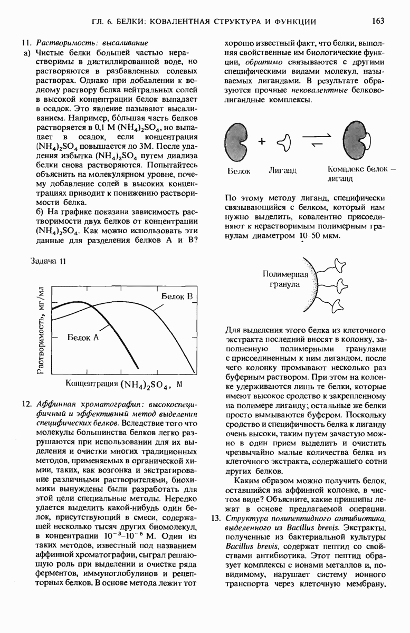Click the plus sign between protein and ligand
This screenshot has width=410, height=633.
click(x=262, y=142)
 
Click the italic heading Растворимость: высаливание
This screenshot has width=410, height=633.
click(x=92, y=43)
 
